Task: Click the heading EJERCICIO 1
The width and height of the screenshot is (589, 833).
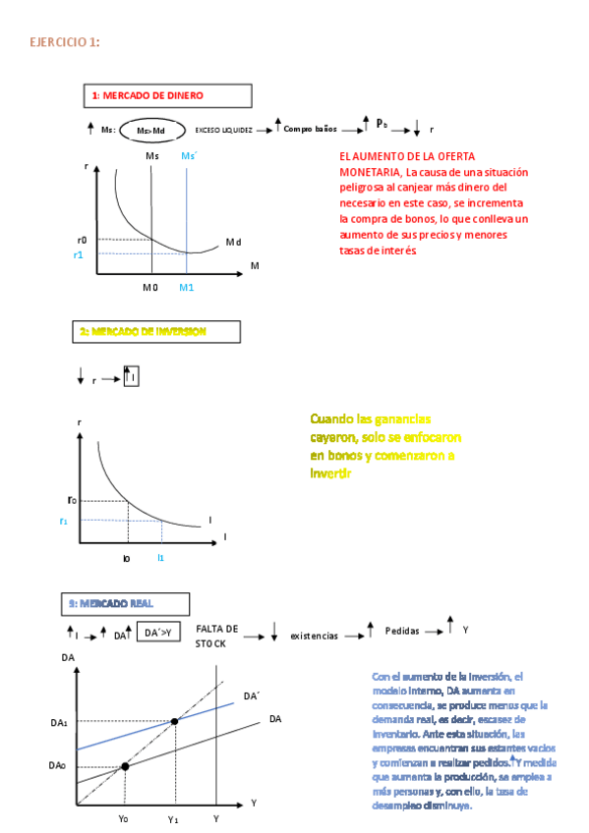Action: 64,42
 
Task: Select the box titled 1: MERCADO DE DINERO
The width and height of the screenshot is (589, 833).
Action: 167,95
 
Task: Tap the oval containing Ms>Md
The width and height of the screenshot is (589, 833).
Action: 150,130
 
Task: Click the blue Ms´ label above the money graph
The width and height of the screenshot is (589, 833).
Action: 189,156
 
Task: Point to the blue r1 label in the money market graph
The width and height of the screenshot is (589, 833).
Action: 80,254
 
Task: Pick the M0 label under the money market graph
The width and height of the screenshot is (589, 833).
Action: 149,287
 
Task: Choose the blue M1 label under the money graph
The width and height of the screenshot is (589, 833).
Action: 187,287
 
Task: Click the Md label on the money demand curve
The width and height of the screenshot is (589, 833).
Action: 233,242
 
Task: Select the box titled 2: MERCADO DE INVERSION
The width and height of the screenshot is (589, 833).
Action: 156,332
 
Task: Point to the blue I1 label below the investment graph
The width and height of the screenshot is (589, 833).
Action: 161,557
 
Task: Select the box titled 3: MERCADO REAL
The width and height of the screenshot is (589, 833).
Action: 125,603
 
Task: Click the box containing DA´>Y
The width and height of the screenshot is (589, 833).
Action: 158,634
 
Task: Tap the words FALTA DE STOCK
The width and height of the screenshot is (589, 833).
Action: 216,635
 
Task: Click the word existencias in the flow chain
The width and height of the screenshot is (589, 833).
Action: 314,636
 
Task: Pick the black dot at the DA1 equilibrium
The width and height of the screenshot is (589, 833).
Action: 175,722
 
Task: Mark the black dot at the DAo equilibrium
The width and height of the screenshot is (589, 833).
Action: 124,765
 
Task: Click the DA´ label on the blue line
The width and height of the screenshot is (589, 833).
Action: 251,695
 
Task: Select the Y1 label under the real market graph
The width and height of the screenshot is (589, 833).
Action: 173,818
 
